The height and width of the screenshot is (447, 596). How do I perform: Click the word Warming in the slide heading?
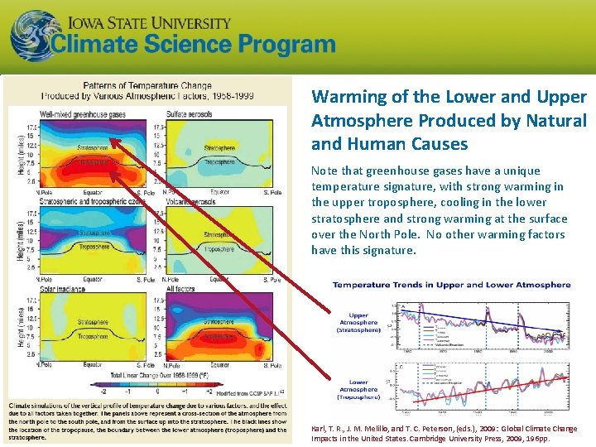pyautogui.click(x=347, y=97)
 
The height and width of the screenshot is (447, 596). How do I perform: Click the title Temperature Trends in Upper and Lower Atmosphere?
pyautogui.click(x=451, y=285)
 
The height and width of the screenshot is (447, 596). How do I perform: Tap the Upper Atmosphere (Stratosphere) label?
pyautogui.click(x=358, y=322)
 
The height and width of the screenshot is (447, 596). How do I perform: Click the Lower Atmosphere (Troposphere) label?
pyautogui.click(x=358, y=389)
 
